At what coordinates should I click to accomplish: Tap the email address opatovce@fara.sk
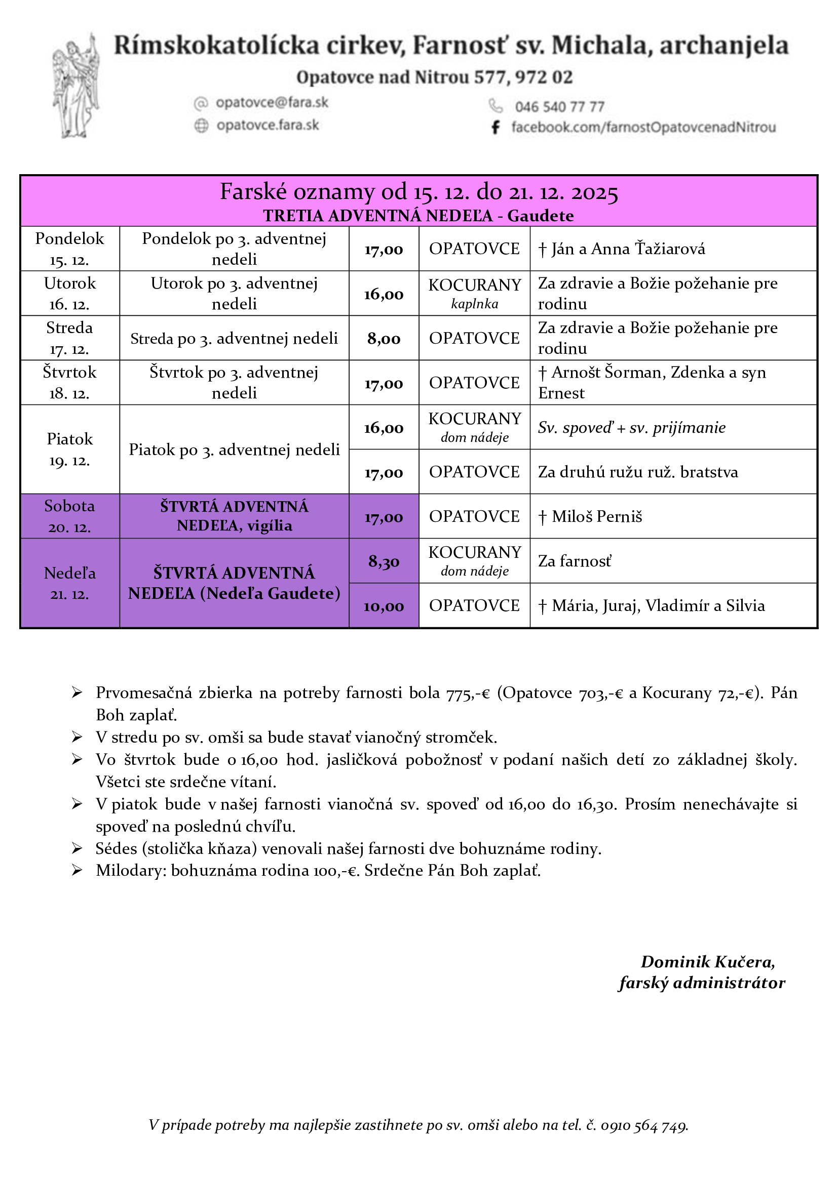(x=272, y=103)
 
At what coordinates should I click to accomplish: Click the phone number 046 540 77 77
(x=559, y=107)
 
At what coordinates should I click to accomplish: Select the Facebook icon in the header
(x=496, y=127)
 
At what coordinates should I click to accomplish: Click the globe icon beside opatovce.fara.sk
(x=201, y=126)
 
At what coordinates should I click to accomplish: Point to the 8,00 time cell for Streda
(x=384, y=338)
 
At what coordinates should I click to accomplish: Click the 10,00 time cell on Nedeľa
(x=384, y=606)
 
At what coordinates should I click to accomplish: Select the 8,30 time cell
(x=384, y=561)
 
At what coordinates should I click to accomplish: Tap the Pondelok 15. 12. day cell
(x=69, y=249)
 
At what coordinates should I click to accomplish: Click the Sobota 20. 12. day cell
(x=69, y=516)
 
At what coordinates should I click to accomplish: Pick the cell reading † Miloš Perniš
(x=596, y=516)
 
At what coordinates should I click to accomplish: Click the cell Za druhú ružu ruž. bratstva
(x=638, y=472)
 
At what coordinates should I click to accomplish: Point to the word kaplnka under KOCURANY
(x=474, y=304)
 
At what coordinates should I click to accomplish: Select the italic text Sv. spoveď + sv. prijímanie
(x=632, y=428)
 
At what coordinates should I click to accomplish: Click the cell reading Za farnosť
(x=575, y=561)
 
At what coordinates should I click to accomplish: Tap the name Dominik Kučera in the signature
(x=707, y=962)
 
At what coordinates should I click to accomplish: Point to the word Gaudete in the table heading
(x=540, y=216)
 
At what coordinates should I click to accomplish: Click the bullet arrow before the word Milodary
(x=77, y=871)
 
